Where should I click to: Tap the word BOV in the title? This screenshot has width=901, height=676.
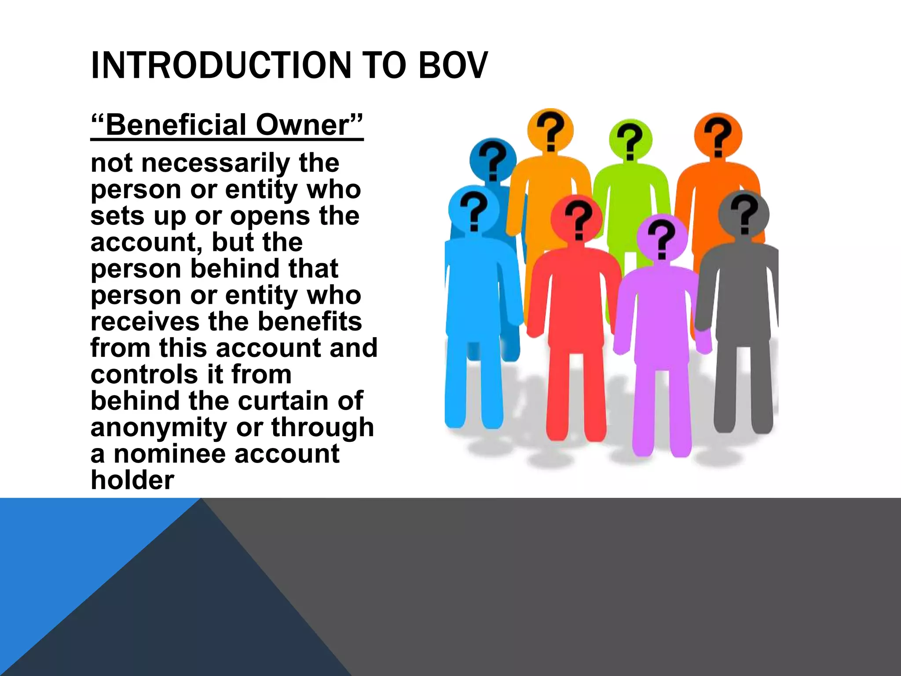tap(453, 66)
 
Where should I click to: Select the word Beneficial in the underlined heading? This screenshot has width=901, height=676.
tap(176, 125)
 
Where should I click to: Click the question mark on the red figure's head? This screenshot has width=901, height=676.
tap(577, 219)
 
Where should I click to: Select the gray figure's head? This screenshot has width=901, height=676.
tap(744, 215)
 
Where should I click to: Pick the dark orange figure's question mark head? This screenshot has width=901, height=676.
tap(718, 136)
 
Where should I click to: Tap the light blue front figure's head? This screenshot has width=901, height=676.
tap(473, 210)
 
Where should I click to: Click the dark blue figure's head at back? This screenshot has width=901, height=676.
tap(493, 160)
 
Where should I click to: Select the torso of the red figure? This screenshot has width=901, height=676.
tap(574, 299)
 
